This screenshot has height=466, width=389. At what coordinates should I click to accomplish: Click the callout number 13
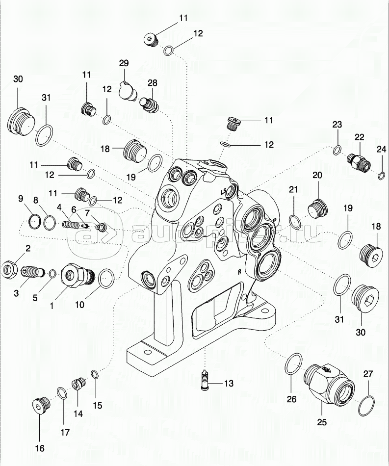(229, 383)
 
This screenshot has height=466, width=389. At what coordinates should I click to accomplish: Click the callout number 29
(124, 63)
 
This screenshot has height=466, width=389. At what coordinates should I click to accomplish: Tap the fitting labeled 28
(148, 104)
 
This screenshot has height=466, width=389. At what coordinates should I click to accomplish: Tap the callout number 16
(39, 448)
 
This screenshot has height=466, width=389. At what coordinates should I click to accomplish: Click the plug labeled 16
(39, 405)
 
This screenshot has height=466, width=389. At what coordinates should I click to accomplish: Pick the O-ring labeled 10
(106, 279)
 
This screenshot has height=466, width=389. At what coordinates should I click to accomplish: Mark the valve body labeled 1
(75, 277)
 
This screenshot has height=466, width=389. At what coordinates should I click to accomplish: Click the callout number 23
(337, 125)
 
